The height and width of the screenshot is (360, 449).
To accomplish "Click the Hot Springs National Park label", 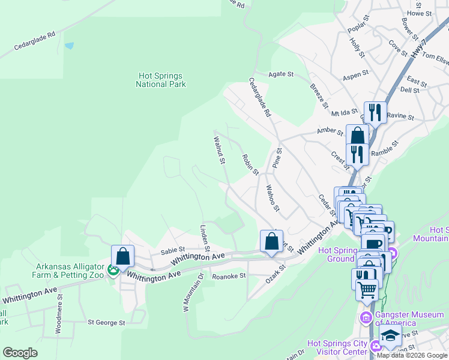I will click(x=160, y=80).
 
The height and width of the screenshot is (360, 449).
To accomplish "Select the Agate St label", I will click(x=280, y=74).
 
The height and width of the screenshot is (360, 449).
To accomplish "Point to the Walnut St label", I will click(x=219, y=150).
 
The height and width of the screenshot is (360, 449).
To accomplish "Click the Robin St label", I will click(x=250, y=164).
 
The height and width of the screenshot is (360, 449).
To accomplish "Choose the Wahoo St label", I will click(x=273, y=198).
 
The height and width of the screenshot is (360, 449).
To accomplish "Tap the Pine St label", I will click(x=277, y=158).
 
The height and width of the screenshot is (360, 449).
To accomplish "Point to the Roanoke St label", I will click(x=229, y=276).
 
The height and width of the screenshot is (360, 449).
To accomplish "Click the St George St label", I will click(x=106, y=322).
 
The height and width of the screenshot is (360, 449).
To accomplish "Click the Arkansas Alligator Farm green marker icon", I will click(x=113, y=271).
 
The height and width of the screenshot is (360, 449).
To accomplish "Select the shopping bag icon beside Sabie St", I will click(x=123, y=256).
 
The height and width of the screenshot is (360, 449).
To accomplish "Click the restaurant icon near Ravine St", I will click(x=375, y=111).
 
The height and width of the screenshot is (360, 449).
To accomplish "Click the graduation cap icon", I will click(x=391, y=337).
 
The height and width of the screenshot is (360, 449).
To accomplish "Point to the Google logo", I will click(x=20, y=353).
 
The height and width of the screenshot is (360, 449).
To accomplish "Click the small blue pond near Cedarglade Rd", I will click(x=70, y=46).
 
